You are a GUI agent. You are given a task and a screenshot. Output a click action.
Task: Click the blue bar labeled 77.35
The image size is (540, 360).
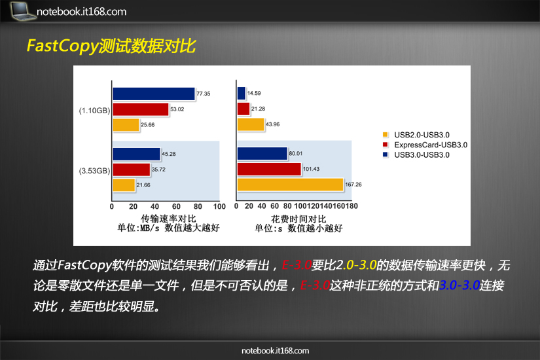(x=154, y=94)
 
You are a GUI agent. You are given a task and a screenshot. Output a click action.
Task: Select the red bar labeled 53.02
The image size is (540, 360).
(x=141, y=109)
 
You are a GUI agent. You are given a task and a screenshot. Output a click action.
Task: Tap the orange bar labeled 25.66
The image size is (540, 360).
(x=126, y=125)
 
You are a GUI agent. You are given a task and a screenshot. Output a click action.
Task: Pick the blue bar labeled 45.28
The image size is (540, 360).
(x=136, y=154)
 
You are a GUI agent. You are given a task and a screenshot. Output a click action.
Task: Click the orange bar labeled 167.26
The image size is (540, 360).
(x=291, y=185)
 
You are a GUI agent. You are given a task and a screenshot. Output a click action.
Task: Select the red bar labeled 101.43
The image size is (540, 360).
(x=269, y=169)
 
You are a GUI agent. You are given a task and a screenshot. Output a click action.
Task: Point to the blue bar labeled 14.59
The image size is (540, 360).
(x=242, y=94)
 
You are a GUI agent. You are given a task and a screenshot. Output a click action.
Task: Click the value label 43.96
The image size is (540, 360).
(x=273, y=124)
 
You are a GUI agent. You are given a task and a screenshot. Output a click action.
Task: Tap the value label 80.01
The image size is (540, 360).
(x=296, y=153)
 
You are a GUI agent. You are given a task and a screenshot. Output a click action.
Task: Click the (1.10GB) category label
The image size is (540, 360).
(x=95, y=111)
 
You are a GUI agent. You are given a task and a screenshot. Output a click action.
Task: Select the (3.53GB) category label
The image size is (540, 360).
(x=95, y=171)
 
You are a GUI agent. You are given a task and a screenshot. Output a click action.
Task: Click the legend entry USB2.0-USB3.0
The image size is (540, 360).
(x=416, y=135)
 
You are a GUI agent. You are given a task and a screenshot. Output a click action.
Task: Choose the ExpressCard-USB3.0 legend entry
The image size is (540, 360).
(x=425, y=145)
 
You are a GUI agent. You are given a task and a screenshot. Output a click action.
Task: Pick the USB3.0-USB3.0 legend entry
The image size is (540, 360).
(x=416, y=154)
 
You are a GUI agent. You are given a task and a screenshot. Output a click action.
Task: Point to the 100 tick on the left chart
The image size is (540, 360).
(x=219, y=206)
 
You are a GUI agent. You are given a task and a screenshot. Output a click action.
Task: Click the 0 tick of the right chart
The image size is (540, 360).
(x=236, y=206)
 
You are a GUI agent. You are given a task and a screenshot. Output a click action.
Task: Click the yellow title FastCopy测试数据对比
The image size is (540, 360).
(x=111, y=46)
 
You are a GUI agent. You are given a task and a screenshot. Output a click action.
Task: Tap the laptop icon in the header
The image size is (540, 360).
(x=23, y=10)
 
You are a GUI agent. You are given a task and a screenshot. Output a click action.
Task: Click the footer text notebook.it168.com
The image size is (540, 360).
(x=275, y=351)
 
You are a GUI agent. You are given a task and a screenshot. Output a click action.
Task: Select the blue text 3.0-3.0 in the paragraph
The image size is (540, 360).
(x=459, y=285)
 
